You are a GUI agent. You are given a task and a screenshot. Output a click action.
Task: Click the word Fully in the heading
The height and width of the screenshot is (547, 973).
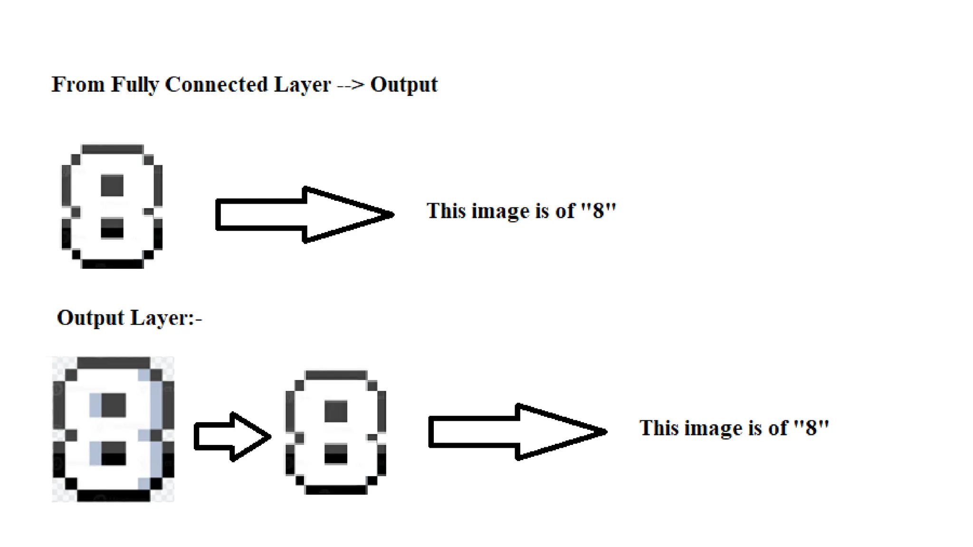pyautogui.click(x=134, y=85)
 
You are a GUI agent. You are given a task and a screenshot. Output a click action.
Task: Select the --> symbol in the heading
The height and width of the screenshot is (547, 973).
pyautogui.click(x=350, y=85)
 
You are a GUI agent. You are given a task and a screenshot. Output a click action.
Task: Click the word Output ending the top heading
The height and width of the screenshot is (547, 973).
pyautogui.click(x=404, y=85)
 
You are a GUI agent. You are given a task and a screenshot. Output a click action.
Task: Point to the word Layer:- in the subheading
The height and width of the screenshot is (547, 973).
pyautogui.click(x=166, y=318)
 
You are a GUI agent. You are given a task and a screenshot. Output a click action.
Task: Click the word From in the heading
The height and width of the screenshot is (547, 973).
pyautogui.click(x=78, y=85)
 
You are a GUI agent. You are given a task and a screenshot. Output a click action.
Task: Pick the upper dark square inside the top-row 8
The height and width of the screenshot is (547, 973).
pyautogui.click(x=112, y=185)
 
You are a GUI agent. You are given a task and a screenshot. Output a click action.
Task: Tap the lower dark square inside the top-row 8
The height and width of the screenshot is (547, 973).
pyautogui.click(x=112, y=228)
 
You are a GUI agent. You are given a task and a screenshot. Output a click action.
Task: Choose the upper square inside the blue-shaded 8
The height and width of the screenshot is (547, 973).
pyautogui.click(x=114, y=405)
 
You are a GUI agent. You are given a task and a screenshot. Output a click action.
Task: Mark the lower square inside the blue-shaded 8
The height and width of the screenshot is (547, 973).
pyautogui.click(x=114, y=453)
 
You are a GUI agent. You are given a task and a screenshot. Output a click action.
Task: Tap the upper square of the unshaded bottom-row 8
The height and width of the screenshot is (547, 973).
pyautogui.click(x=336, y=411)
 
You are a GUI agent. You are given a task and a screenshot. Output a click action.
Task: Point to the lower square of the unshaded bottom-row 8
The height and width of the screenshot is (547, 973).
pyautogui.click(x=336, y=453)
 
